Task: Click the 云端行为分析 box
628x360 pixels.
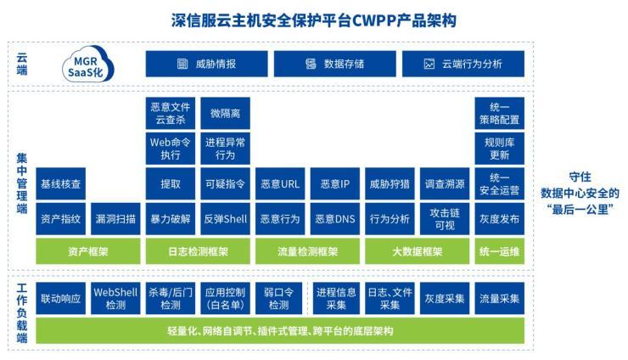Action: [x=462, y=64]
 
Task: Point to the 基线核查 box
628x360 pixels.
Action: [x=60, y=183]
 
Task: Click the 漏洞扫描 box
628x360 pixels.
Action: [x=115, y=218]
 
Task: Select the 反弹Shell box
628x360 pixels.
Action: [x=225, y=218]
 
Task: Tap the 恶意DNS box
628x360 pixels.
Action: [x=335, y=218]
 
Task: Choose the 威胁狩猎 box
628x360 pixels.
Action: [x=390, y=183]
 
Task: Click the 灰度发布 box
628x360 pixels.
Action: [x=500, y=218]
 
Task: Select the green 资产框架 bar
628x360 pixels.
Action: [x=87, y=251]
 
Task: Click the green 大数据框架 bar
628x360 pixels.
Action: [x=418, y=251]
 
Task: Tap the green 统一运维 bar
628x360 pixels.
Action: [x=500, y=251]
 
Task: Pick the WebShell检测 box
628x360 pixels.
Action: [x=115, y=298]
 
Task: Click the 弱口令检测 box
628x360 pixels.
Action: [x=279, y=298]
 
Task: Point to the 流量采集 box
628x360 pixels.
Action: [x=500, y=298]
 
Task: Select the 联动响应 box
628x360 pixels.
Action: [x=60, y=298]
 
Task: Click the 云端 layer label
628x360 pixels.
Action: [x=21, y=65]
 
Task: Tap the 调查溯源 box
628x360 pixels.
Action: [x=445, y=183]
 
